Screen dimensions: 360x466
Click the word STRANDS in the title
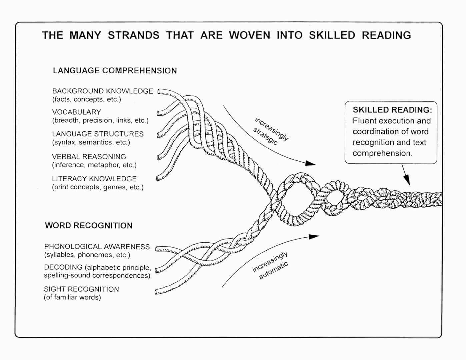coord(133,35)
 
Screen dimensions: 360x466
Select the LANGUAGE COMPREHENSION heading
coord(115,71)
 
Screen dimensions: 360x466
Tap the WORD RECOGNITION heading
coord(89,226)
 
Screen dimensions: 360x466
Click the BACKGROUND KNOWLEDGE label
coord(102,91)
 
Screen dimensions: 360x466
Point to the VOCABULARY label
coord(76,112)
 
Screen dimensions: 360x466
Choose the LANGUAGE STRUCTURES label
coord(98,134)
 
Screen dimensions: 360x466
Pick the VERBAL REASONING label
coord(89,157)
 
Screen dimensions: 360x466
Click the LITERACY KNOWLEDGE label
coord(94,179)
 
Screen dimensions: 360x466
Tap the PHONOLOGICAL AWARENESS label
coord(97,247)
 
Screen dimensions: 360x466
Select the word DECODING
coord(63,267)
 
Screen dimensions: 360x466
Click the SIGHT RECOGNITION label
coord(81,289)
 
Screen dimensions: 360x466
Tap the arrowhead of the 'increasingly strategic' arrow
coord(311,163)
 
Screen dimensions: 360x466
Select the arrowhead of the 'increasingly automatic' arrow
coord(314,237)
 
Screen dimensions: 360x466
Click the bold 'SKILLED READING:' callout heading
coord(392,110)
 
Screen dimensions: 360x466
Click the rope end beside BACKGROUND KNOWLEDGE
coord(160,91)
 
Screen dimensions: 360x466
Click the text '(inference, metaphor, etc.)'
coord(94,165)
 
